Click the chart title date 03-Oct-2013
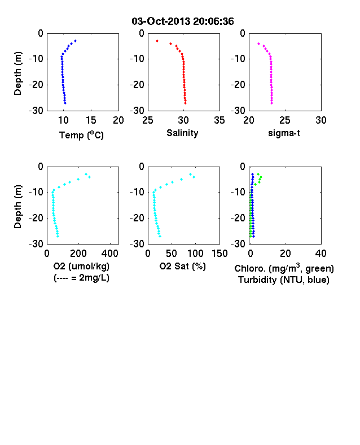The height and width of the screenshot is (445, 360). coord(161,21)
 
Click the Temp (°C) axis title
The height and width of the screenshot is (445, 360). coord(81,135)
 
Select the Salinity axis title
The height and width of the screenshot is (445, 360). coord(182,133)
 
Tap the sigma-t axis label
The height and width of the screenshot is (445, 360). coord(284,133)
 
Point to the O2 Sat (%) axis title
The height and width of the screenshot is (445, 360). coord(182,266)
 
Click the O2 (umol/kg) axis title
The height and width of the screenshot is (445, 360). coord(81,266)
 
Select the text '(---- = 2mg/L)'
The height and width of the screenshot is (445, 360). coord(81,277)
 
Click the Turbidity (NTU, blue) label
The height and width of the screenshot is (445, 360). coord(284,280)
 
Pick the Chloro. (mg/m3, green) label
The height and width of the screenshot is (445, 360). coord(284,268)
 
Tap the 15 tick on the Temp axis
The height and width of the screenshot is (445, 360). coord(91,120)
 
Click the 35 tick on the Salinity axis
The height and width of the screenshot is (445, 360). coord(219,120)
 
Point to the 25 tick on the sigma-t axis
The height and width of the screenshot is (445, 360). coord(285,120)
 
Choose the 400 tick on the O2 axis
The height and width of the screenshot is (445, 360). coord(110,254)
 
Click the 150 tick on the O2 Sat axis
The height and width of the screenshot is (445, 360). coord(219,254)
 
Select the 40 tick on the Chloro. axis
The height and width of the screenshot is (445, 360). coord(321,254)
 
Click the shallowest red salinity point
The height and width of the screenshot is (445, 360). coord(157,41)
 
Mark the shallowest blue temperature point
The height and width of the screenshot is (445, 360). coord(76,41)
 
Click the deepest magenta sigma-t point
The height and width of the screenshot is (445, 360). coord(271,103)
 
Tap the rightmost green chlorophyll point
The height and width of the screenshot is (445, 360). coord(261,177)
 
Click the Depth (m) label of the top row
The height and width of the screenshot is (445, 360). coord(17,73)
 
